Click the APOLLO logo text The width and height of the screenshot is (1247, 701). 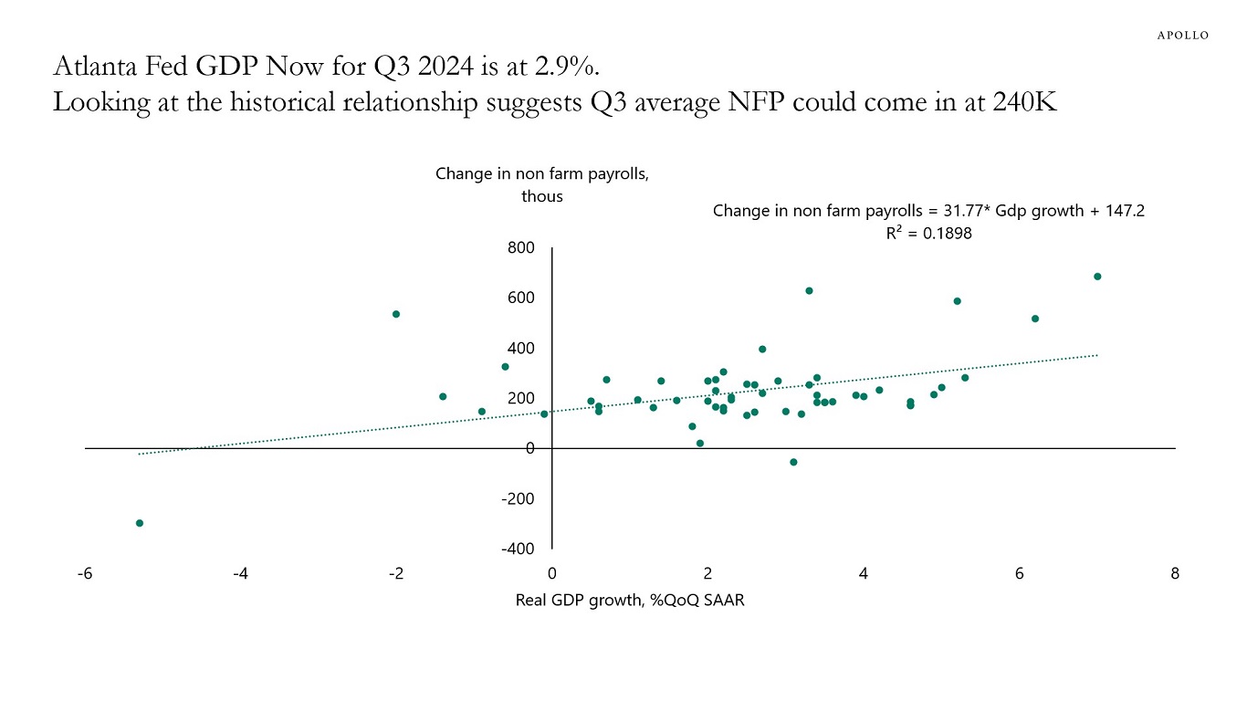[x=1182, y=35]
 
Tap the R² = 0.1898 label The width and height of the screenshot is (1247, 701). [x=927, y=234]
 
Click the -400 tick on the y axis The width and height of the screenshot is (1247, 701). [x=519, y=549]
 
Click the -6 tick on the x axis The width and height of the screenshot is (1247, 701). [x=85, y=574]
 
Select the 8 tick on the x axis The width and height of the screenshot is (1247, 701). [x=1175, y=574]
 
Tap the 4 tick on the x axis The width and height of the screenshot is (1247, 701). [x=864, y=574]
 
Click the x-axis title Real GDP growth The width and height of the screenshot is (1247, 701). [x=630, y=600]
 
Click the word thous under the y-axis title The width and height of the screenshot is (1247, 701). [x=542, y=196]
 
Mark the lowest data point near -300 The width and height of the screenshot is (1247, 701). [x=140, y=523]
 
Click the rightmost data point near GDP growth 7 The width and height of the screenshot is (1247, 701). [x=1097, y=277]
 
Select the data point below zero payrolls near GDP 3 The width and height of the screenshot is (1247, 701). [x=793, y=462]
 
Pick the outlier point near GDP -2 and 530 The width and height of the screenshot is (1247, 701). [x=396, y=314]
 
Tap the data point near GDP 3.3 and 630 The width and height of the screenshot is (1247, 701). [x=809, y=290]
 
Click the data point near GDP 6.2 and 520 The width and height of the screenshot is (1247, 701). [x=1035, y=319]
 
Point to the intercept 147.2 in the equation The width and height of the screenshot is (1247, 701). [x=1123, y=211]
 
